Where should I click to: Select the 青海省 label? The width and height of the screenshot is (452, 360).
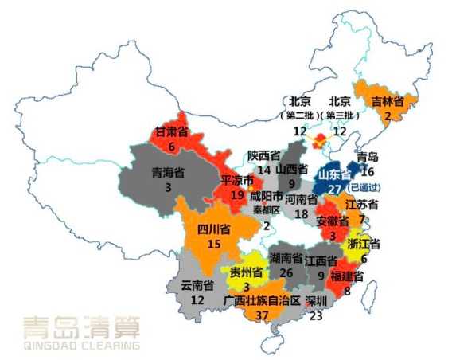(168, 173)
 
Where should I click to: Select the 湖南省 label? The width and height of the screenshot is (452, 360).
(285, 259)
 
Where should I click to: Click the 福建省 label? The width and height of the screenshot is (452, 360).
(348, 276)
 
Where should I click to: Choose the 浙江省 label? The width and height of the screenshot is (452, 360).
(364, 244)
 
